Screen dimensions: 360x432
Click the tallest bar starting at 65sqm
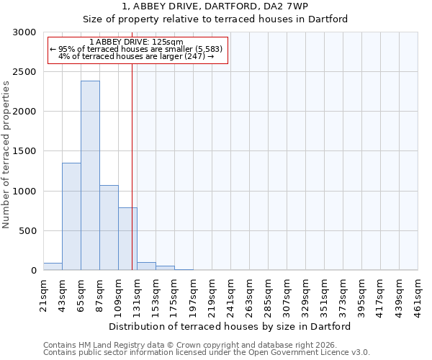tap(90, 176)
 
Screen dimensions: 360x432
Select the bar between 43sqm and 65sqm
tap(71, 217)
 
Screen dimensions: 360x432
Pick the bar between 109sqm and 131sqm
tap(127, 239)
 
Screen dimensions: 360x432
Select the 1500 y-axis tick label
tap(24, 152)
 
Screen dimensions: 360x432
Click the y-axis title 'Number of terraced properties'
tap(6, 155)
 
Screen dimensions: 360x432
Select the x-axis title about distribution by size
tap(230, 326)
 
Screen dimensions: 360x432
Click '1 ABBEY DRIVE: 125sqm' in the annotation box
tap(137, 42)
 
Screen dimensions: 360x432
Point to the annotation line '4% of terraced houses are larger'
tap(136, 56)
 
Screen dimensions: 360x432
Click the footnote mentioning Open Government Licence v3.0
tap(207, 353)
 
